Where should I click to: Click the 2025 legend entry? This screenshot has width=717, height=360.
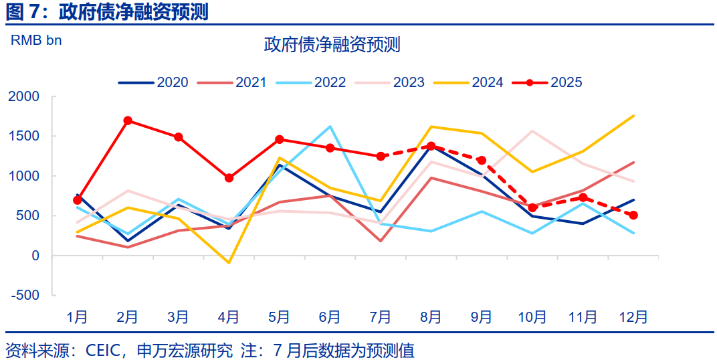pyautogui.click(x=548, y=83)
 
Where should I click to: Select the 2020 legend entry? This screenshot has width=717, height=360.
pyautogui.click(x=154, y=83)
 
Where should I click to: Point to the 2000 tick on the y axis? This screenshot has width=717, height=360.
pyautogui.click(x=24, y=96)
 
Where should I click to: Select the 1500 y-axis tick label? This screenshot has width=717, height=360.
pyautogui.click(x=24, y=137)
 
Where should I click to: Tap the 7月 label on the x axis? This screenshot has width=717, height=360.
pyautogui.click(x=381, y=317)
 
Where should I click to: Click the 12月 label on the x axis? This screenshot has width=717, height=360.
pyautogui.click(x=633, y=317)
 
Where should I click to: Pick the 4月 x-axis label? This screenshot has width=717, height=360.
pyautogui.click(x=229, y=317)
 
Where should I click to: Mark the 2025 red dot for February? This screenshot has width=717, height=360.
pyautogui.click(x=128, y=121)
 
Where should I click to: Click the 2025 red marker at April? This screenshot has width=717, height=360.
pyautogui.click(x=229, y=178)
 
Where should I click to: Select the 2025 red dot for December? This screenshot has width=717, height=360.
pyautogui.click(x=633, y=215)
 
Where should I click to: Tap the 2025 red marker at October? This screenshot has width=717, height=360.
pyautogui.click(x=532, y=207)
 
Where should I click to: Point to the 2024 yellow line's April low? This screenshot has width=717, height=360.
pyautogui.click(x=229, y=263)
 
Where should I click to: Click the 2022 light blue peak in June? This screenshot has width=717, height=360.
pyautogui.click(x=330, y=126)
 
